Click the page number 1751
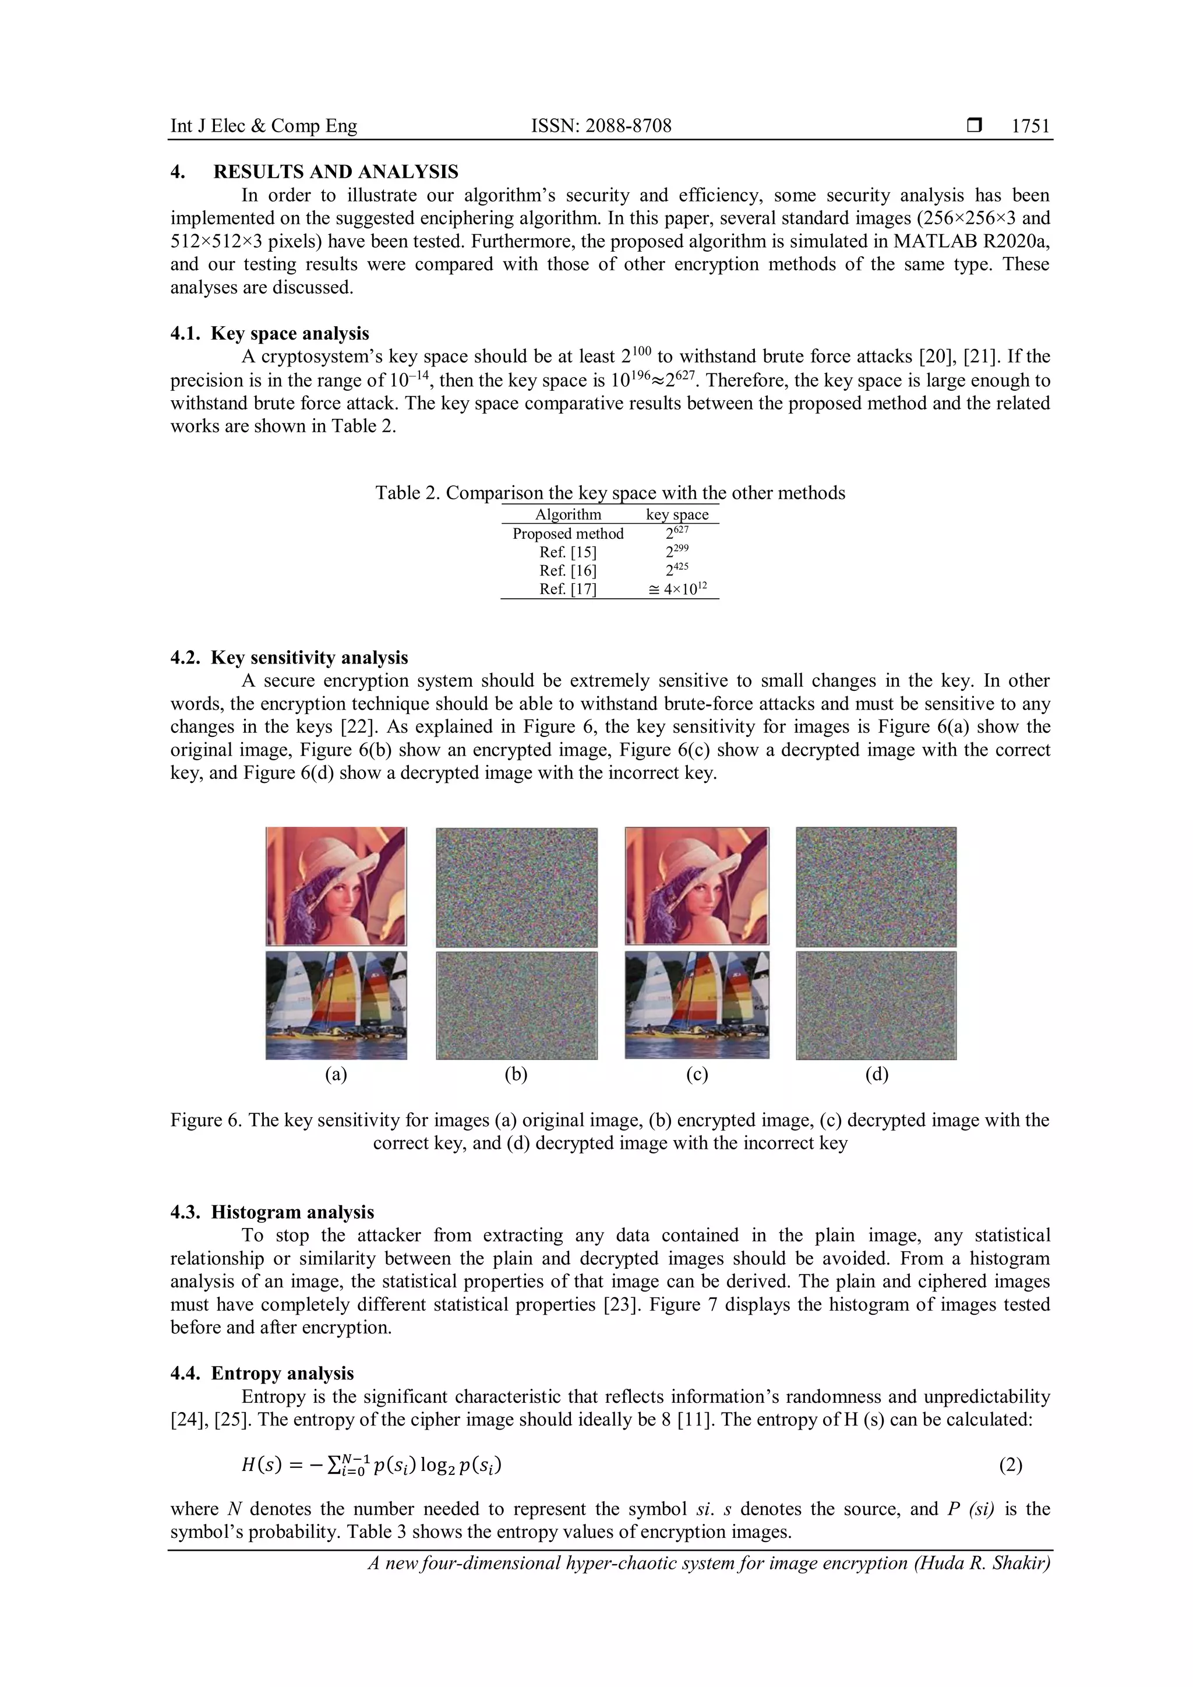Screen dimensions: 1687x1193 click(x=1030, y=126)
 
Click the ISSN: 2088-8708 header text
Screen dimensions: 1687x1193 click(x=601, y=126)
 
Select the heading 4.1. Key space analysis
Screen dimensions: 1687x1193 click(x=270, y=334)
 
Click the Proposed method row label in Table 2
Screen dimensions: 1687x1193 click(x=568, y=534)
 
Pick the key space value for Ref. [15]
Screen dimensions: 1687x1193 click(x=676, y=552)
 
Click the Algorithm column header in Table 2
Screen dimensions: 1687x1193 click(x=568, y=514)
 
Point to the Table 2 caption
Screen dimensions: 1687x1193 click(x=610, y=492)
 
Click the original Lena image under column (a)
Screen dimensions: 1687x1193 click(x=336, y=886)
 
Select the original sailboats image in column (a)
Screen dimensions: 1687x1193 click(x=336, y=1005)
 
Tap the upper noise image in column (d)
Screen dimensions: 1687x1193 click(x=876, y=887)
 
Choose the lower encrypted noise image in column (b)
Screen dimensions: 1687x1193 click(x=517, y=1005)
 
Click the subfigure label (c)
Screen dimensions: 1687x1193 click(x=697, y=1075)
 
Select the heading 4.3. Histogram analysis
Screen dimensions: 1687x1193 click(x=272, y=1212)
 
